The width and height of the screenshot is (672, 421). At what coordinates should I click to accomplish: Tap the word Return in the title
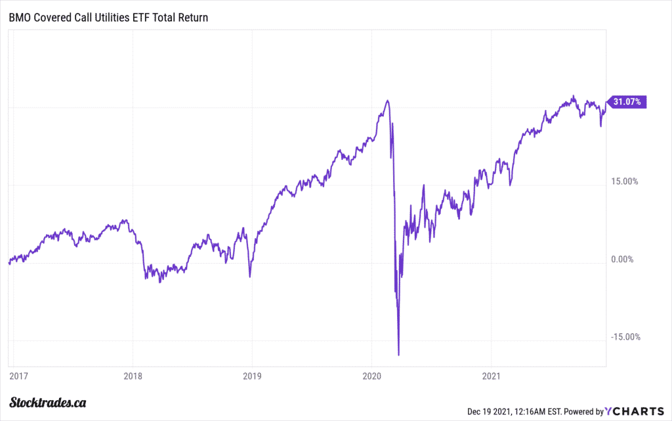pos(193,18)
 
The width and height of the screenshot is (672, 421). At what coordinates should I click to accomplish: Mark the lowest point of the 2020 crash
pos(398,355)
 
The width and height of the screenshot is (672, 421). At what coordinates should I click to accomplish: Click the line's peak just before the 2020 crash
pos(388,100)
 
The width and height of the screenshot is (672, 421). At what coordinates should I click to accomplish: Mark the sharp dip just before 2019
pos(249,276)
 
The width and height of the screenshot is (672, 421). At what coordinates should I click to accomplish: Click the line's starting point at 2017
pos(9,263)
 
